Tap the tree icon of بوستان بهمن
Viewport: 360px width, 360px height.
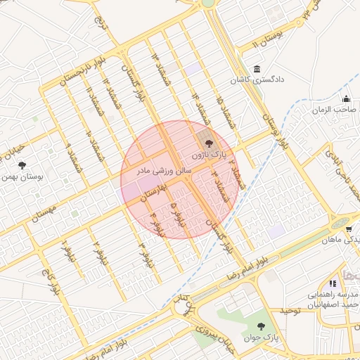[x=22, y=165]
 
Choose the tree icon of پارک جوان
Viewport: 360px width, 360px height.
[x=261, y=326]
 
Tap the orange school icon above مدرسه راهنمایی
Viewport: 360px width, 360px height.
[x=333, y=283]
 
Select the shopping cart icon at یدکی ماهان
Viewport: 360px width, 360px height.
[x=348, y=229]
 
